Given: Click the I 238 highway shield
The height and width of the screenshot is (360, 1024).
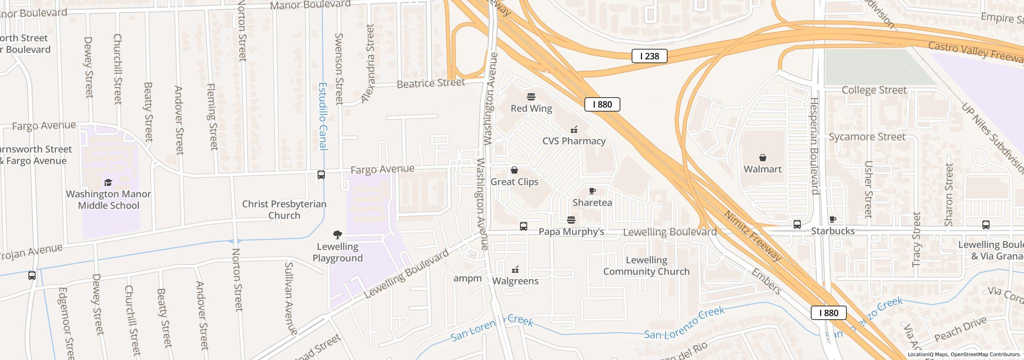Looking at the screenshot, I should point(649,56).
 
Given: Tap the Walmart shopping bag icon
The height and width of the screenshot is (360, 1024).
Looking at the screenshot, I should point(763,158).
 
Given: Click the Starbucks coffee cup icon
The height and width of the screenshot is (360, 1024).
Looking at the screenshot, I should point(833,219).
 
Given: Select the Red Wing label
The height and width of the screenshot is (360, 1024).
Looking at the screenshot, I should point(531,108).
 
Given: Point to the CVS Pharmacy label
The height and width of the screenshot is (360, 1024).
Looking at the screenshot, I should point(574,141).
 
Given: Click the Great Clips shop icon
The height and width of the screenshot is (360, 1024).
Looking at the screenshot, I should point(514,170).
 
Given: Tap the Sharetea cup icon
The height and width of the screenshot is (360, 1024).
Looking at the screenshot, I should point(592,191).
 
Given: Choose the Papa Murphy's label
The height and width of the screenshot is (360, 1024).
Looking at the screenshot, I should point(571,232).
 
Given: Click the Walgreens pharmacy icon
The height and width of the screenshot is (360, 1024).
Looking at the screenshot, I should point(516,270).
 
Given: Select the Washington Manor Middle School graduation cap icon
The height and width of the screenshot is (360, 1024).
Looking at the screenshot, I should point(108,183).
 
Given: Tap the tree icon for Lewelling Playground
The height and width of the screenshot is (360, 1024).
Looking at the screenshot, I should point(338,235).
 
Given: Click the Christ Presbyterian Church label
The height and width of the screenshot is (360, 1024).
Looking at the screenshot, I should point(284,210).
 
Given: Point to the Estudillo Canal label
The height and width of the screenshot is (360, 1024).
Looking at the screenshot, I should point(323,116).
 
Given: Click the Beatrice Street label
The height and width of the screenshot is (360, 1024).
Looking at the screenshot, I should point(431,83).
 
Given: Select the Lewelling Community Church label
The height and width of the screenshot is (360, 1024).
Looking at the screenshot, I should point(646,266).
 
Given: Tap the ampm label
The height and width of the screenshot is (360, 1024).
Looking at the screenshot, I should point(467,278).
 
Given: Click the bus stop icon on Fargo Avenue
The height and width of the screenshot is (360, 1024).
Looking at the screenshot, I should point(321,175).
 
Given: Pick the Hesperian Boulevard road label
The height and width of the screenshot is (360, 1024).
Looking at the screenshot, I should point(814,146).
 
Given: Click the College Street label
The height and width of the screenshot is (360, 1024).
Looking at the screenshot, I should point(874,90).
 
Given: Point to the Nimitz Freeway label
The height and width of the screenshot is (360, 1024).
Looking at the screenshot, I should point(752,236).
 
